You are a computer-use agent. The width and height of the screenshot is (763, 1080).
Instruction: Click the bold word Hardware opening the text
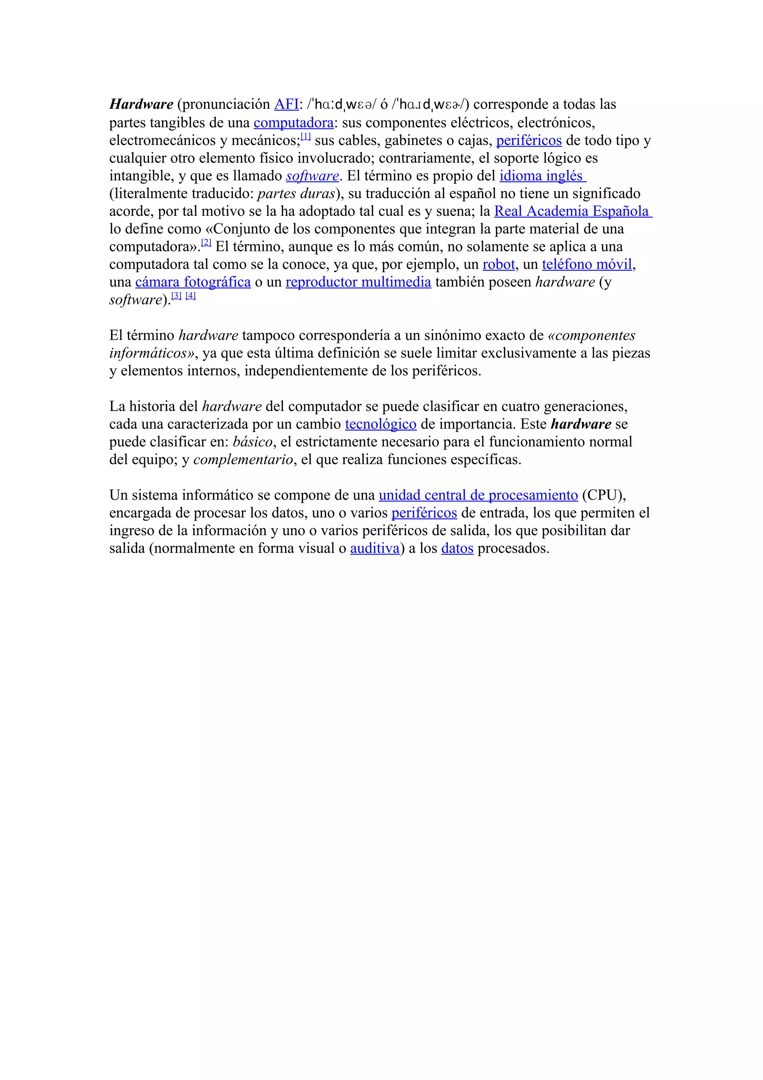[x=141, y=104]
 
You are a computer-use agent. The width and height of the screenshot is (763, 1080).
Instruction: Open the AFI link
[x=286, y=104]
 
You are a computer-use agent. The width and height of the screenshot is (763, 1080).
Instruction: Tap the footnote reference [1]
[x=305, y=136]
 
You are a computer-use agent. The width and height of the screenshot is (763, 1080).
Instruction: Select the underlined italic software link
[x=312, y=176]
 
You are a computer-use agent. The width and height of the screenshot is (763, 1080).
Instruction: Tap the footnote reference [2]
[x=206, y=243]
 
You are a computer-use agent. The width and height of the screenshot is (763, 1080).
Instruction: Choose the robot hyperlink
[x=499, y=264]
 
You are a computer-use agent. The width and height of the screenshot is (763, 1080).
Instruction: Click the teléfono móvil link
[x=587, y=264]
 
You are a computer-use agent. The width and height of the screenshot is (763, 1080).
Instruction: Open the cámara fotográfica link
[x=193, y=282]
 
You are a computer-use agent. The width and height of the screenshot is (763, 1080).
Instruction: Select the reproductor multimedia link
[x=358, y=282]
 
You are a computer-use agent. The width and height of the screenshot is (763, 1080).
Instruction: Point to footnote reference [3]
[x=176, y=296]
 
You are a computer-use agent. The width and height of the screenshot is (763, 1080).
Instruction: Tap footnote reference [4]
[x=190, y=296]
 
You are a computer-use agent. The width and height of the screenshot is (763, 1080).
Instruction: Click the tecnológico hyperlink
[x=380, y=424]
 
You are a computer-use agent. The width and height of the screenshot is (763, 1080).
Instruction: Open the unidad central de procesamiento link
[x=478, y=495]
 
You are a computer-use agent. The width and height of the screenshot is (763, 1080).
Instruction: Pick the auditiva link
[x=375, y=549]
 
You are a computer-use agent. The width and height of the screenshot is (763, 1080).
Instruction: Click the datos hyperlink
[x=457, y=549]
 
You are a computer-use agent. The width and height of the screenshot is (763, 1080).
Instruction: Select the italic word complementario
[x=243, y=460]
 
